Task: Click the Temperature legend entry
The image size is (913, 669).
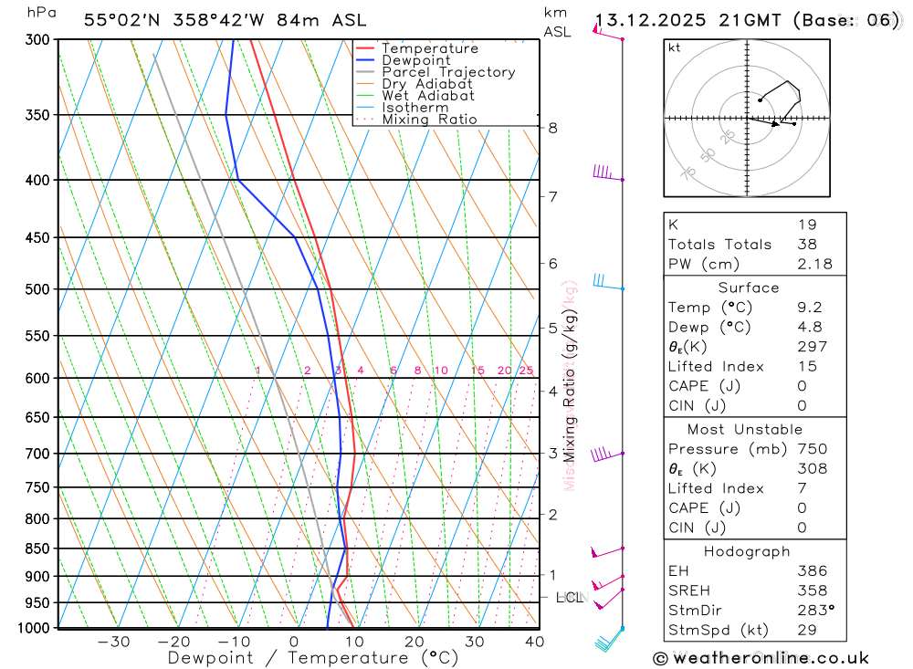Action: pos(429,48)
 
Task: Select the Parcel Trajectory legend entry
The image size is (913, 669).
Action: pos(448,72)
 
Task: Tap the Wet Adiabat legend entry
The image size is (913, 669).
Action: pos(427,96)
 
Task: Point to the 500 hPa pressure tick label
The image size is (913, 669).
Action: pos(37,289)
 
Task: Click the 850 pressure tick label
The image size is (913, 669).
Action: pos(37,549)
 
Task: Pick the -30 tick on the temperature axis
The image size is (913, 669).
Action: pos(113,642)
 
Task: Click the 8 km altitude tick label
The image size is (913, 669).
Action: pos(553,128)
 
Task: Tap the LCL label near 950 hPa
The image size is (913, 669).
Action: pos(569,598)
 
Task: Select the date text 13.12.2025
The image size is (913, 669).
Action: pos(651,20)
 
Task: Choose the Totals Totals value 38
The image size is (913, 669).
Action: pos(806,244)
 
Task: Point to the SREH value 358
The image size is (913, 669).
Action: pos(812,591)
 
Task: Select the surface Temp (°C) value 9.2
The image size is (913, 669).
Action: pos(809,308)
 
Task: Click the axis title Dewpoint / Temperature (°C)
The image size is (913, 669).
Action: pos(313,658)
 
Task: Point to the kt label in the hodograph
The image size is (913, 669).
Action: pos(675,47)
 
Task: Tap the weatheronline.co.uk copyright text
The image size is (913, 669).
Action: pos(761,658)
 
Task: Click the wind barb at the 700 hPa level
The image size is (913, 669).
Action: pos(603,455)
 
